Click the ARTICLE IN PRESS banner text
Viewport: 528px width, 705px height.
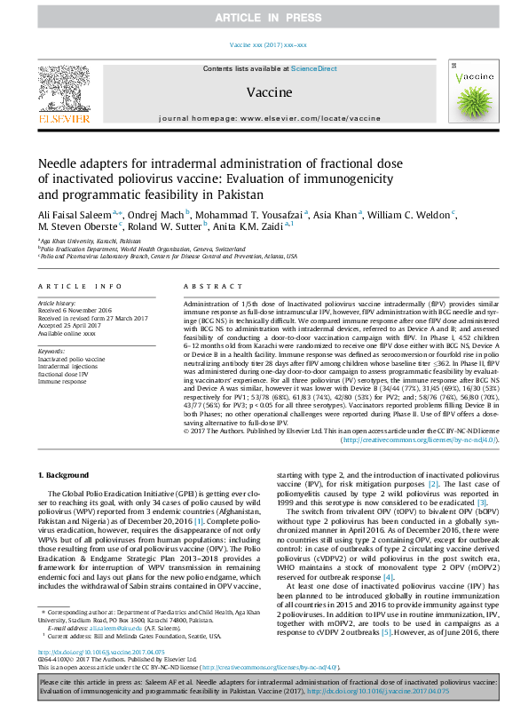(x=264, y=19)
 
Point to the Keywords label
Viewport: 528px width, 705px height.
(x=51, y=352)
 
